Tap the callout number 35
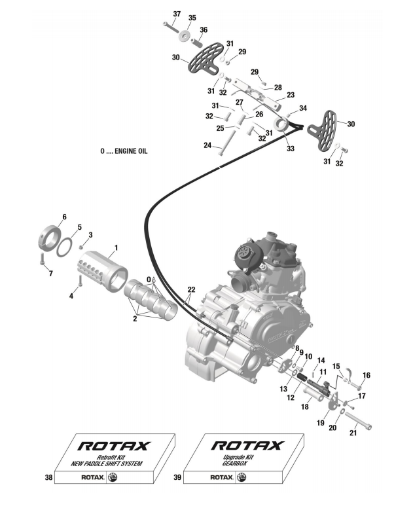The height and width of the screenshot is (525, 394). coord(192,18)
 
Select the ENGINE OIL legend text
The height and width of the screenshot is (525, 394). coord(124,151)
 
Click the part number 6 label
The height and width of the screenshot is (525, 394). coord(64,217)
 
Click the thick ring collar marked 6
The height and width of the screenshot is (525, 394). coord(46,237)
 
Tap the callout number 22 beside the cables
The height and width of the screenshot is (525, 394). coord(191,289)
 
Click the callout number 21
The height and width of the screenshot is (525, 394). coord(354,434)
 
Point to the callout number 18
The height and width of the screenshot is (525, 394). coord(304,407)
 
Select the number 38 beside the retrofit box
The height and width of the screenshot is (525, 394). coord(48,479)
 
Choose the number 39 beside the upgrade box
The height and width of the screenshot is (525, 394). coord(177,479)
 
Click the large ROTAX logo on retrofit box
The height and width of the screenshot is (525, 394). coord(115,446)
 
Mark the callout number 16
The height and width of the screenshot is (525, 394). coord(366,375)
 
